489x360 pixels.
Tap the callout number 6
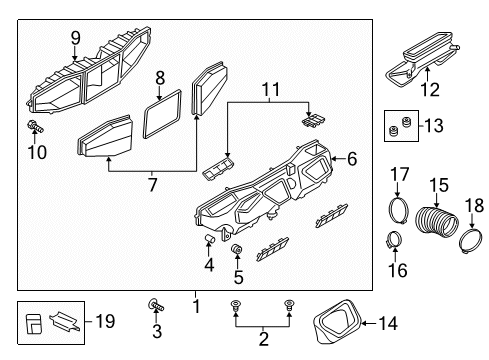pyautogui.click(x=352, y=159)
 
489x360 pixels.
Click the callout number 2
pyautogui.click(x=263, y=339)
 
